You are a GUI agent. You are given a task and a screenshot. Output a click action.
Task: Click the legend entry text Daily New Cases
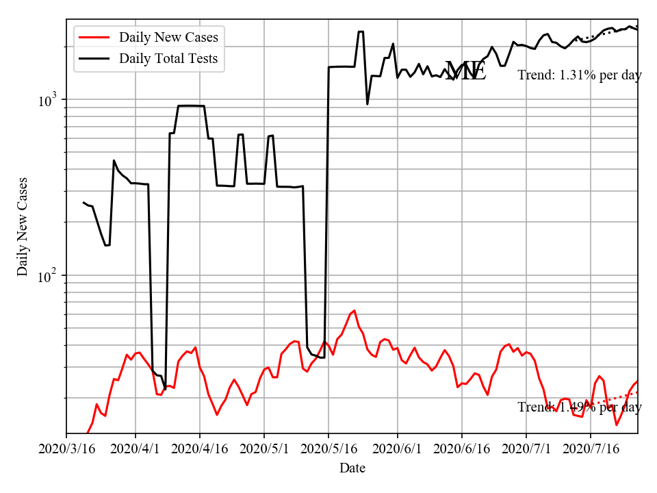[168, 37]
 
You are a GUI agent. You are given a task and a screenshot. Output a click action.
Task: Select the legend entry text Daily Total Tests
[168, 59]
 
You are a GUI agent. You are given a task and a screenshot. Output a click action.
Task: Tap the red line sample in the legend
[94, 37]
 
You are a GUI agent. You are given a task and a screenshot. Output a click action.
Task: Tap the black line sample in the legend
[94, 59]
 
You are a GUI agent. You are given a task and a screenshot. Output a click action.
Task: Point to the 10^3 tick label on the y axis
[50, 100]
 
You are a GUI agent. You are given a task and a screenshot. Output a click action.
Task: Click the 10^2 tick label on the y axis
[50, 276]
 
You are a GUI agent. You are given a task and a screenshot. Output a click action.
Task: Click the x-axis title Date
[352, 468]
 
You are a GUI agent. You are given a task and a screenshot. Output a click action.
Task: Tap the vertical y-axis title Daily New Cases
[23, 226]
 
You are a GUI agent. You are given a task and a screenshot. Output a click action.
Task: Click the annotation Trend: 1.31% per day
[579, 75]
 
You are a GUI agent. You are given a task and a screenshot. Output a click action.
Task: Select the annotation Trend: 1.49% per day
[579, 407]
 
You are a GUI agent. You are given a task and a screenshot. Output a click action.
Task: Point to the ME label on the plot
[465, 71]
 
